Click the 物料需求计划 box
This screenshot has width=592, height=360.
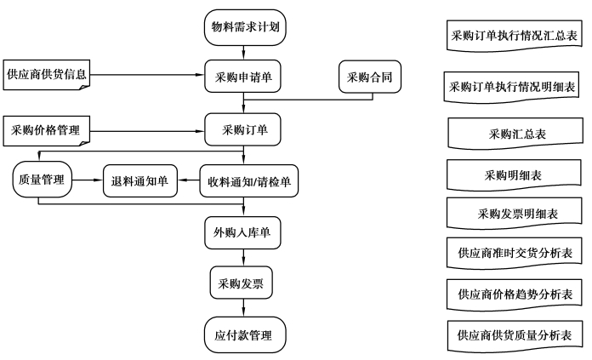point(245,27)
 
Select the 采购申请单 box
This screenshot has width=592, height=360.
point(242,76)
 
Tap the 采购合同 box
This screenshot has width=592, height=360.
point(370,77)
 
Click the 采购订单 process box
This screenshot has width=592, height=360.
point(242,129)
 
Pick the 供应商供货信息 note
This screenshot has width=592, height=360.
point(47,75)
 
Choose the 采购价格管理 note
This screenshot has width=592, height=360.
point(47,131)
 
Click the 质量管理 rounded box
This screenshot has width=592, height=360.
point(42,180)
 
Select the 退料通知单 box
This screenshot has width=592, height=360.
point(140,181)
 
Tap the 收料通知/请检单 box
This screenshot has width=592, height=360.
point(249,181)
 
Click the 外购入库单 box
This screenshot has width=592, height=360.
point(242,232)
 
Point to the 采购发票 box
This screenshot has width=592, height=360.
point(242,283)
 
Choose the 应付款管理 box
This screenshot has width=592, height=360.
point(245,334)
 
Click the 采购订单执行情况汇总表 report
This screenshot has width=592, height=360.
point(515,36)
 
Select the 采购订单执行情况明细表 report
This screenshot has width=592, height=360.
point(511,87)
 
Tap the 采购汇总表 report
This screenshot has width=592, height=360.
point(515,134)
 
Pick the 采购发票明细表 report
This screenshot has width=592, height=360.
point(515,214)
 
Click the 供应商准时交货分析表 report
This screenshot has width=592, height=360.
point(515,253)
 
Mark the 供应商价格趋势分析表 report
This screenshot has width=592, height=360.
point(515,294)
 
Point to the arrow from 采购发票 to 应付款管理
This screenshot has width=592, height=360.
point(243,308)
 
